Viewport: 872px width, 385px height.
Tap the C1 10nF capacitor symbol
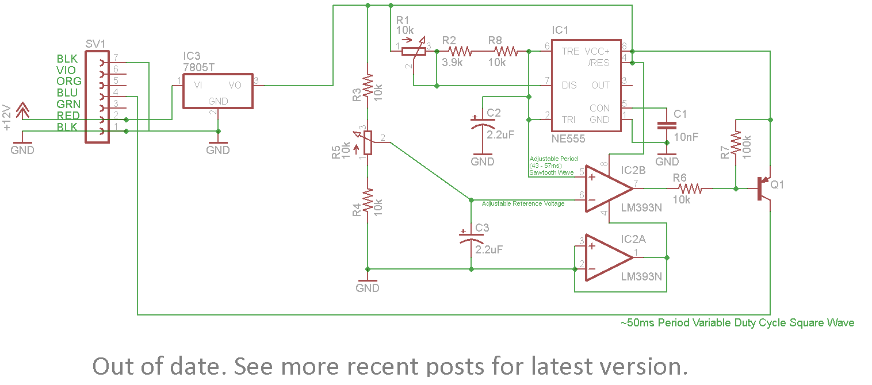(667, 126)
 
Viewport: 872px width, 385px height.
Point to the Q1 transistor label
(777, 185)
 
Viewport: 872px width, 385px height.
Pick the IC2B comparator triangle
(610, 187)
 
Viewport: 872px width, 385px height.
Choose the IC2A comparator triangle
(609, 256)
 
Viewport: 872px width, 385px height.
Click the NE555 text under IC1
(568, 138)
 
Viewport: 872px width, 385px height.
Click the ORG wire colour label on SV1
(68, 81)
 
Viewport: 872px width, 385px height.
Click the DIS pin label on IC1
(569, 85)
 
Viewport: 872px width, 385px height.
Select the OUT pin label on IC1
(600, 85)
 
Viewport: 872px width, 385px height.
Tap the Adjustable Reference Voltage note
(523, 203)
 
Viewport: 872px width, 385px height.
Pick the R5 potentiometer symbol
(368, 142)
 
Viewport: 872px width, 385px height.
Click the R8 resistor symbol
(506, 51)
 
